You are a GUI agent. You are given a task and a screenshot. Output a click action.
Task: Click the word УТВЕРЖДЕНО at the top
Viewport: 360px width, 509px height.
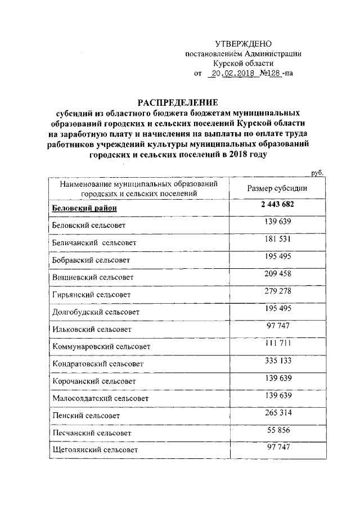pos(244,44)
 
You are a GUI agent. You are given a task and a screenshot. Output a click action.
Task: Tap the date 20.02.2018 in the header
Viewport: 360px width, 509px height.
pos(232,73)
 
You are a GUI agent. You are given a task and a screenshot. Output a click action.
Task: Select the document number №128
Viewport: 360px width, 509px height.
pos(271,73)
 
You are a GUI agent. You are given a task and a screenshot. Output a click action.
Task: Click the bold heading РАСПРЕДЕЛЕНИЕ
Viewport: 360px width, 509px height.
pos(178,102)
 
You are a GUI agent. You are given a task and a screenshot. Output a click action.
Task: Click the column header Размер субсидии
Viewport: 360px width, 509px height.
pos(277,188)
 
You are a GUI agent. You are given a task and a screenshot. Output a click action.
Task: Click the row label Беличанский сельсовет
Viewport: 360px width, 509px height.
pos(94,243)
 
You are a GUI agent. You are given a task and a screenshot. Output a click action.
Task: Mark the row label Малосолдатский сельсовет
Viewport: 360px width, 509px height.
pos(100,398)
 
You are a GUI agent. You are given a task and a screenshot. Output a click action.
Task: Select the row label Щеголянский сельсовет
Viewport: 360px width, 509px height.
pos(94,450)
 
